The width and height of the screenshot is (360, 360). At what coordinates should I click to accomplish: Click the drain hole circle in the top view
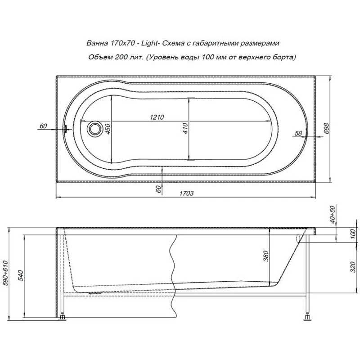click(95, 129)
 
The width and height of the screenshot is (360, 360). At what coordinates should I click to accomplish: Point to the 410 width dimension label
click(185, 129)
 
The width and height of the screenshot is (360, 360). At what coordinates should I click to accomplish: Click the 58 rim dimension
click(298, 133)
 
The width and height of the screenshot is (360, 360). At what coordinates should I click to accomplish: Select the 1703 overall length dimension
click(186, 193)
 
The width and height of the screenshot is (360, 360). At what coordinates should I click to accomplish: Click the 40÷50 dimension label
click(333, 215)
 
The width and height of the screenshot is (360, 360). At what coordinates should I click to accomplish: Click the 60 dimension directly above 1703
click(158, 189)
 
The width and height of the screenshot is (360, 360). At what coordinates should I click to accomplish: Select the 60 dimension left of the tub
click(43, 126)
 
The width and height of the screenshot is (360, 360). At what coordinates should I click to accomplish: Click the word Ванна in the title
click(95, 43)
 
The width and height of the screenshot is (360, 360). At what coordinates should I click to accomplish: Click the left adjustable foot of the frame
click(63, 317)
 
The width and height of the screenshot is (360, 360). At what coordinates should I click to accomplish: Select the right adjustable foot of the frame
click(307, 317)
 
